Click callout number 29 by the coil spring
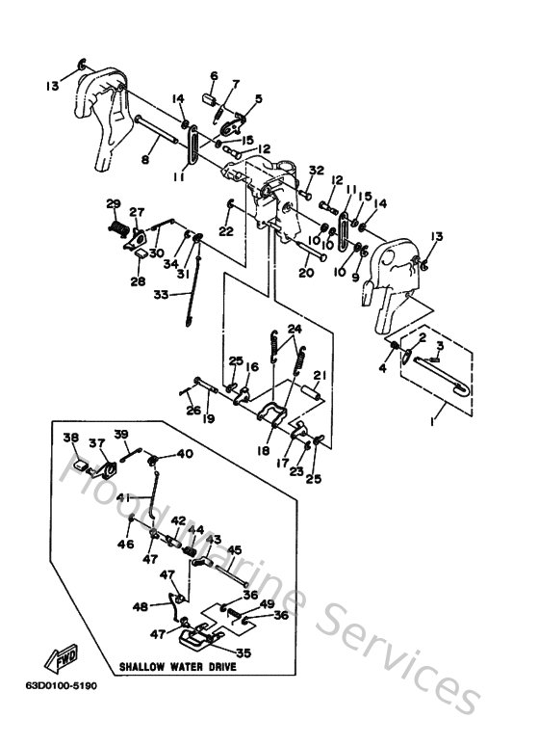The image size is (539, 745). click(x=113, y=203)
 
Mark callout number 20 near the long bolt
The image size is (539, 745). click(x=306, y=273)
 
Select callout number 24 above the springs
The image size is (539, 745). click(x=295, y=329)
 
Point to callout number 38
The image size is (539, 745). click(x=69, y=438)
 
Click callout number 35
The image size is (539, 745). click(x=243, y=651)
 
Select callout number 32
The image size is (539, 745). click(x=315, y=171)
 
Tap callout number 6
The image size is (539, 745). click(x=214, y=75)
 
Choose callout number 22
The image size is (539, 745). click(x=224, y=231)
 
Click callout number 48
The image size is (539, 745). click(x=141, y=606)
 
